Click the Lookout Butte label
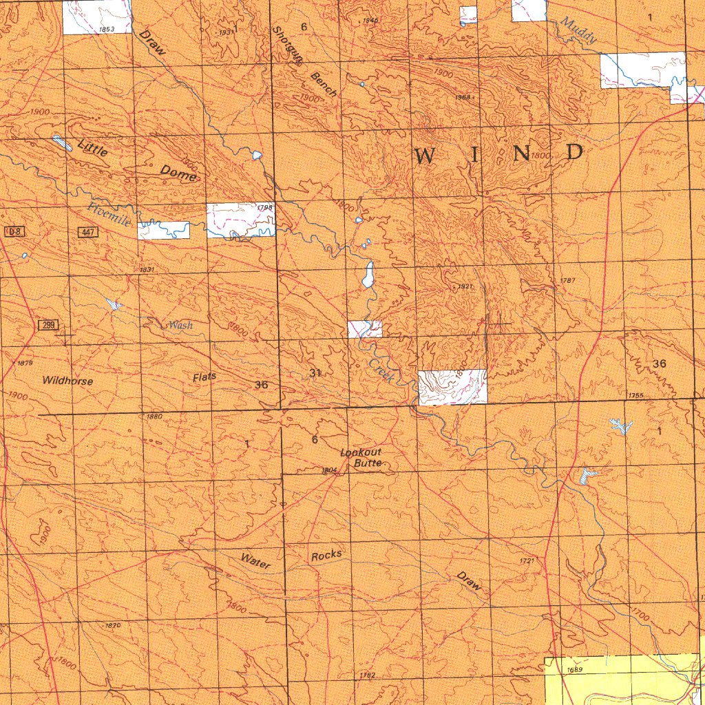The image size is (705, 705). [x=361, y=458]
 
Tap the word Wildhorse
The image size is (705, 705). [x=67, y=381]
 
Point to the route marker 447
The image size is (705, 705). [x=87, y=233]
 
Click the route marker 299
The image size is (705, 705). [x=48, y=324]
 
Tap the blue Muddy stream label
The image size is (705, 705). [x=578, y=31]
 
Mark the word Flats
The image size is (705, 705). [x=204, y=377]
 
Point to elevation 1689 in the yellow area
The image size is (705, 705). [x=575, y=669]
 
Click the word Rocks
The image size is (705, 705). [x=326, y=556]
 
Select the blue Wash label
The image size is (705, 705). [x=180, y=325]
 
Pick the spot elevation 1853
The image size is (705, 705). [x=106, y=30]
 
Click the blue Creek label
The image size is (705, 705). [x=380, y=371]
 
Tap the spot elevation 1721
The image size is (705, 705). [x=527, y=562]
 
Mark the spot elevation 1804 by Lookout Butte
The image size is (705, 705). [x=328, y=470]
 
